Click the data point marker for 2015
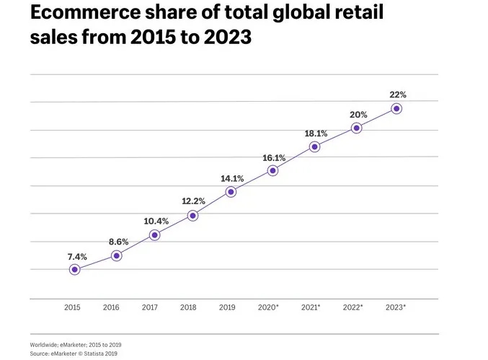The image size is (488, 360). pyautogui.click(x=74, y=270)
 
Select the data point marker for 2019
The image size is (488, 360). pyautogui.click(x=231, y=192)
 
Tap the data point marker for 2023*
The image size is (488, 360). pyautogui.click(x=396, y=109)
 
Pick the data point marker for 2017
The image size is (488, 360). pyautogui.click(x=154, y=235)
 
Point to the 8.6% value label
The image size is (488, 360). pyautogui.click(x=117, y=241)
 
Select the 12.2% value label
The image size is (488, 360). pyautogui.click(x=193, y=201)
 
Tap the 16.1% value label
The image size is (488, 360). pyautogui.click(x=274, y=157)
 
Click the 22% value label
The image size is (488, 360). pyautogui.click(x=398, y=95)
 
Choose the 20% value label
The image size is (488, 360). pyautogui.click(x=358, y=115)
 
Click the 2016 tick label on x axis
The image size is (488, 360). pyautogui.click(x=111, y=307)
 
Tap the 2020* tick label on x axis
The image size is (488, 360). pyautogui.click(x=268, y=307)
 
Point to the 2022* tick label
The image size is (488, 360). pyautogui.click(x=352, y=307)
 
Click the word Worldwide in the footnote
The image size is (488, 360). pyautogui.click(x=46, y=345)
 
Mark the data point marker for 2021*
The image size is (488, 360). pyautogui.click(x=314, y=146)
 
